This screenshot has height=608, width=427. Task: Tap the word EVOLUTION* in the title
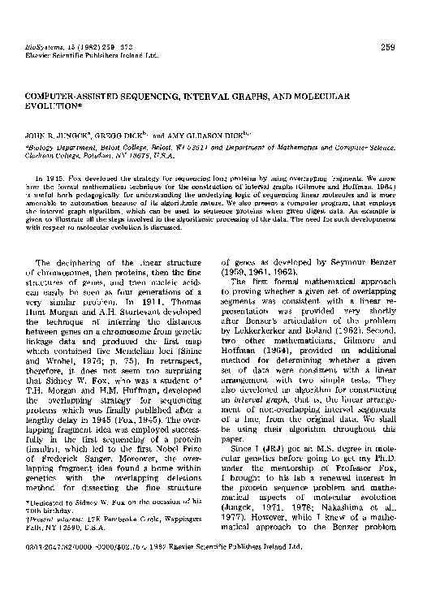(55, 106)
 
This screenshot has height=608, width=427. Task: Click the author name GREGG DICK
(121, 127)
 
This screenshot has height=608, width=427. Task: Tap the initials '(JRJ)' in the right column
(281, 434)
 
